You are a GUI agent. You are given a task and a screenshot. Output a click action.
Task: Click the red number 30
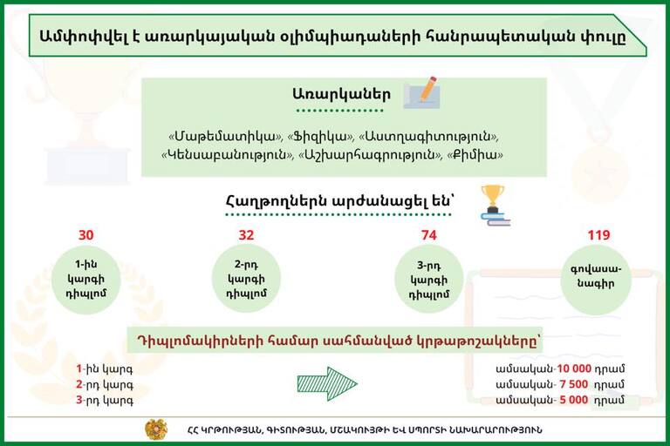(85, 235)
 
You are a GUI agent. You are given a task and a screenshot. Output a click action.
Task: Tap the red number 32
(246, 235)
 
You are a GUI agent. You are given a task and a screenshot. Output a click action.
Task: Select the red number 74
(428, 235)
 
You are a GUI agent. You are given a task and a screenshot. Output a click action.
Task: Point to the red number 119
(598, 235)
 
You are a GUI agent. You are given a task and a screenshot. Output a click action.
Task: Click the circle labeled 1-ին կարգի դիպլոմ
(85, 280)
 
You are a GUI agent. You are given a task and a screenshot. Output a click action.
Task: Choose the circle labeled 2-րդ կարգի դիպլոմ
(246, 278)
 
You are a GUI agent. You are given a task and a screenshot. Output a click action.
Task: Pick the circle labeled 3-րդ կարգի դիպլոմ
(428, 279)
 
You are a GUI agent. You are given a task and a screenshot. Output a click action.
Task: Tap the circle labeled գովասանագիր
(596, 280)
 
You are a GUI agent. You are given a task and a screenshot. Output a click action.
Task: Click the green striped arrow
(327, 383)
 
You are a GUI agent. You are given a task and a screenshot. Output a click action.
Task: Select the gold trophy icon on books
(495, 206)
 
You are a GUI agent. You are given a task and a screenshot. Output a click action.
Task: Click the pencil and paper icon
(421, 92)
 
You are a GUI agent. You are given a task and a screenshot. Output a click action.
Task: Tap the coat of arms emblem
(156, 429)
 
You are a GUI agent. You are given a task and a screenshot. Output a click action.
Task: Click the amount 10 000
(574, 368)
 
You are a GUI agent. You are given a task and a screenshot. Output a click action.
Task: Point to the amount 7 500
(574, 384)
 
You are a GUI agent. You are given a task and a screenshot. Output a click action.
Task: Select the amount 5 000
(574, 400)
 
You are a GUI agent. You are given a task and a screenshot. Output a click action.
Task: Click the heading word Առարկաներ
(341, 94)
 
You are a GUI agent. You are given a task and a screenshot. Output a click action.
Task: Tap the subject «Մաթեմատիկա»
(226, 137)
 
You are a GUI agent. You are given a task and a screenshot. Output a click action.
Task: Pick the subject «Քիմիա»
(475, 154)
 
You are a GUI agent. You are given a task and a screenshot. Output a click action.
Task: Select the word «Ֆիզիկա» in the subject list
(320, 137)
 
